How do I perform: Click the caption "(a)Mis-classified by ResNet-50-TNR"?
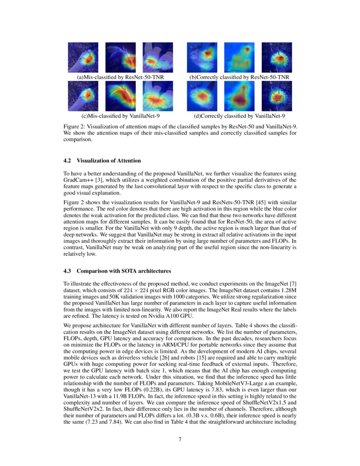point(120,77)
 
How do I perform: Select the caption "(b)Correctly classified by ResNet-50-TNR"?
point(239,77)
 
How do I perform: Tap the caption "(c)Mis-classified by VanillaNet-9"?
point(120,116)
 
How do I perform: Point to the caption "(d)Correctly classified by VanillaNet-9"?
point(239,116)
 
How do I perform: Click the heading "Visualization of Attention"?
point(109,161)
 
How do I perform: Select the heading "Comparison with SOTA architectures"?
point(124,271)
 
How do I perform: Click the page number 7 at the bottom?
point(180,439)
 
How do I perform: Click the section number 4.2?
point(68,161)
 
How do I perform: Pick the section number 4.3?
point(68,271)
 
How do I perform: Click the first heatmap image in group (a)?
point(83,58)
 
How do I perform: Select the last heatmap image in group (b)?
point(277,58)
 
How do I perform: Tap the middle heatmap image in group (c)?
point(120,96)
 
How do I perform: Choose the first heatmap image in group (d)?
point(202,96)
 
